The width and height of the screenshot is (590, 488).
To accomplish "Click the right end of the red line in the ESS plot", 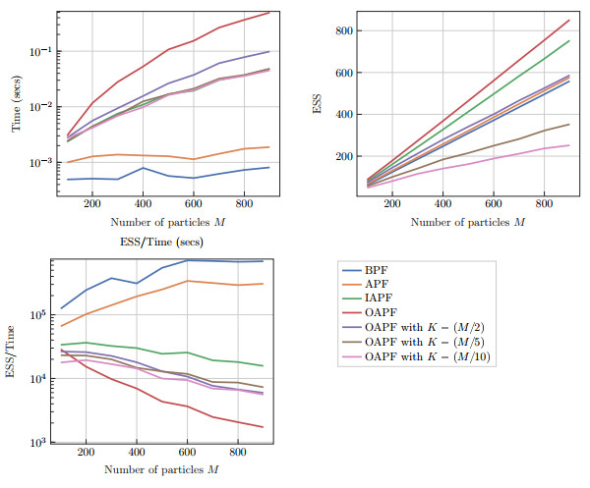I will [x=569, y=20].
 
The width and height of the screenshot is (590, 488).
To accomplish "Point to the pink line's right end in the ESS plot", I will [x=569, y=145].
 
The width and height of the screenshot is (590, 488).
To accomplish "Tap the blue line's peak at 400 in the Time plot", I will [x=144, y=168].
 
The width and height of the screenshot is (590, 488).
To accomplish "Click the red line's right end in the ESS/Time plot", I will [x=263, y=427].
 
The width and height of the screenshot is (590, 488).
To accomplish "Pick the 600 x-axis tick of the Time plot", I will [x=194, y=206].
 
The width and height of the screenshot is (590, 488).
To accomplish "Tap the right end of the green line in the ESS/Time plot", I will [x=263, y=366].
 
